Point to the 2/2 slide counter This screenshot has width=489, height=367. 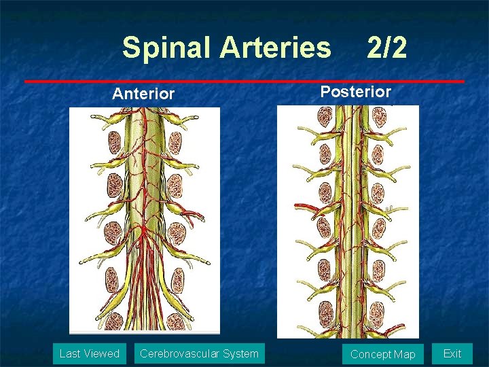click(x=386, y=48)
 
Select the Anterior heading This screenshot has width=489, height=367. click(x=143, y=94)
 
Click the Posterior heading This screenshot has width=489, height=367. click(x=355, y=92)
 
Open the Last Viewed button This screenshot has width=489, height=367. click(x=90, y=353)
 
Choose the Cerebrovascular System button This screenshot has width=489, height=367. click(x=198, y=353)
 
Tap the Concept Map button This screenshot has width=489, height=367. click(x=382, y=354)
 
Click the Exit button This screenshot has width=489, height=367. click(x=452, y=353)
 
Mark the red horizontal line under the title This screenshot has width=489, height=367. click(x=244, y=82)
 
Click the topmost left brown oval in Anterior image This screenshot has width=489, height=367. click(x=115, y=142)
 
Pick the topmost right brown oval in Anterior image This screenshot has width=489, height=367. click(x=175, y=142)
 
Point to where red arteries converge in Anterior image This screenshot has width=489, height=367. click(x=143, y=234)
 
